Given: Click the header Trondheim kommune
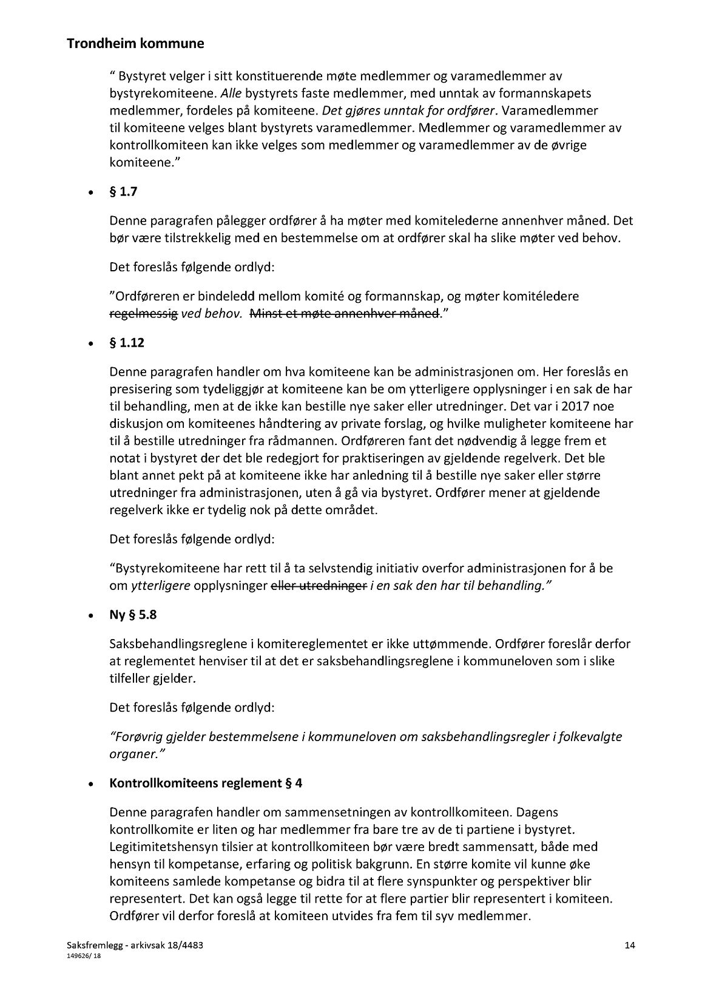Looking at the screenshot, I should pyautogui.click(x=135, y=44).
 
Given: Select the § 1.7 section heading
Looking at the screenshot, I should pyautogui.click(x=123, y=192).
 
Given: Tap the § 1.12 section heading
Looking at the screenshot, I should pyautogui.click(x=127, y=343).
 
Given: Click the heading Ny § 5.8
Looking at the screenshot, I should pyautogui.click(x=133, y=615).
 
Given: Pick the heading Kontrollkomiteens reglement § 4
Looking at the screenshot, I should pyautogui.click(x=206, y=783).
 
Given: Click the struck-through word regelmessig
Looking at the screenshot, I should pyautogui.click(x=144, y=314).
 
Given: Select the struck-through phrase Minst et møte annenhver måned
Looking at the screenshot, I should pyautogui.click(x=344, y=314).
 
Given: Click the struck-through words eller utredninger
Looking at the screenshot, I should pyautogui.click(x=319, y=586).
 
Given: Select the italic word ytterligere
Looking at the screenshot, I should pyautogui.click(x=161, y=586).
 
